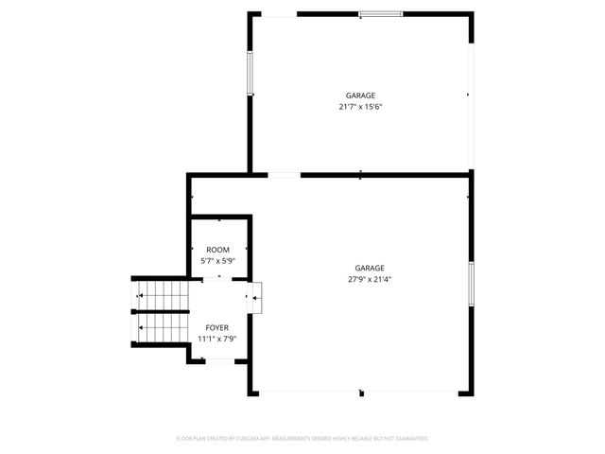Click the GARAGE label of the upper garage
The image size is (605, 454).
pyautogui.click(x=360, y=96)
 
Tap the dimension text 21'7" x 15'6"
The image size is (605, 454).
pyautogui.click(x=360, y=107)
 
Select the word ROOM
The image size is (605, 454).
pyautogui.click(x=217, y=249)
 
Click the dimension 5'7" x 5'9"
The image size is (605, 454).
pyautogui.click(x=217, y=260)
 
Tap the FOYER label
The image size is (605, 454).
pyautogui.click(x=217, y=327)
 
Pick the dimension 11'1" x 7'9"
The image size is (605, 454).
pyautogui.click(x=217, y=339)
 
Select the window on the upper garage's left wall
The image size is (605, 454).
pyautogui.click(x=251, y=72)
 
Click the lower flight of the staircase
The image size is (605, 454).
pyautogui.click(x=163, y=328)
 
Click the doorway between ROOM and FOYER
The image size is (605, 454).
pyautogui.click(x=219, y=278)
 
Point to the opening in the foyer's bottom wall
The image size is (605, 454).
pyautogui.click(x=219, y=360)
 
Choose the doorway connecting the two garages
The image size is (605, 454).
pyautogui.click(x=285, y=174)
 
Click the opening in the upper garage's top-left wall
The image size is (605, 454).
pyautogui.click(x=278, y=14)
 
